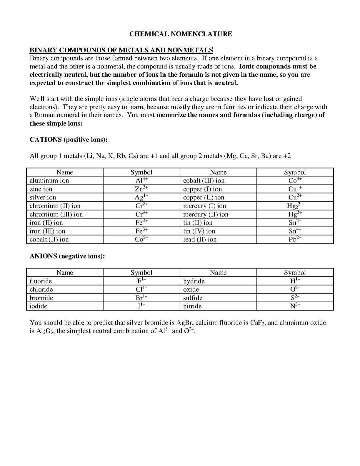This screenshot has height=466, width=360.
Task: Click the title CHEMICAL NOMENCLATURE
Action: coord(181,34)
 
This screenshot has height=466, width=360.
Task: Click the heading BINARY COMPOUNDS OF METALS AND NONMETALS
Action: coord(121,50)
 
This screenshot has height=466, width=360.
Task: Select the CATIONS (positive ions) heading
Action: coord(69,139)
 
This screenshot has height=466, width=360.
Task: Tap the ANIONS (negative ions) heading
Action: coord(67,256)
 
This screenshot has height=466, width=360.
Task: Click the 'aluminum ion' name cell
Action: coord(49,181)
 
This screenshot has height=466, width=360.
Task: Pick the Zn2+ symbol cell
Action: coord(141,189)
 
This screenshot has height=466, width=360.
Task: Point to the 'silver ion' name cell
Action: coord(43,197)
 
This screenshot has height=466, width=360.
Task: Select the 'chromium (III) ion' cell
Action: coord(56,214)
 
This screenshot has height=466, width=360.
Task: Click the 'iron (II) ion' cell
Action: coord(46,223)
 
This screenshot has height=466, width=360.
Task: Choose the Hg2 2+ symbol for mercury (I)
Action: coord(295,206)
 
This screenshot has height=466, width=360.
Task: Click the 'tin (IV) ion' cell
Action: coord(199,231)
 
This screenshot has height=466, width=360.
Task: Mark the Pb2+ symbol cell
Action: coord(295,240)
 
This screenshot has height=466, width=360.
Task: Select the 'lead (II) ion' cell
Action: coord(200,240)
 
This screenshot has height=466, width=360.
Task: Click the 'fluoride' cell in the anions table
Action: coord(41,281)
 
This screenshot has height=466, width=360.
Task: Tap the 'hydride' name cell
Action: coord(194,281)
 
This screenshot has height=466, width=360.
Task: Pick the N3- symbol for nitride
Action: coord(295,306)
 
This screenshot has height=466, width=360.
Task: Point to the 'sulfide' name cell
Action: coord(193,298)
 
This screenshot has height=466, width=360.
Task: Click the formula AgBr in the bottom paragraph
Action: coord(185,323)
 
